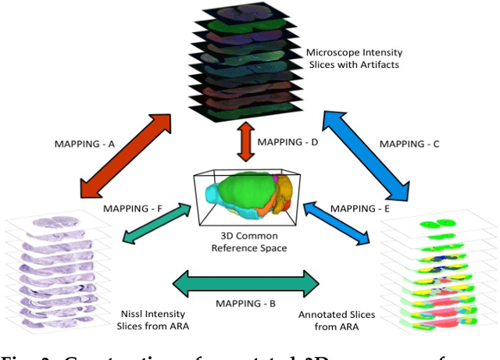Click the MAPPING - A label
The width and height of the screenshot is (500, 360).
pos(86,144)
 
